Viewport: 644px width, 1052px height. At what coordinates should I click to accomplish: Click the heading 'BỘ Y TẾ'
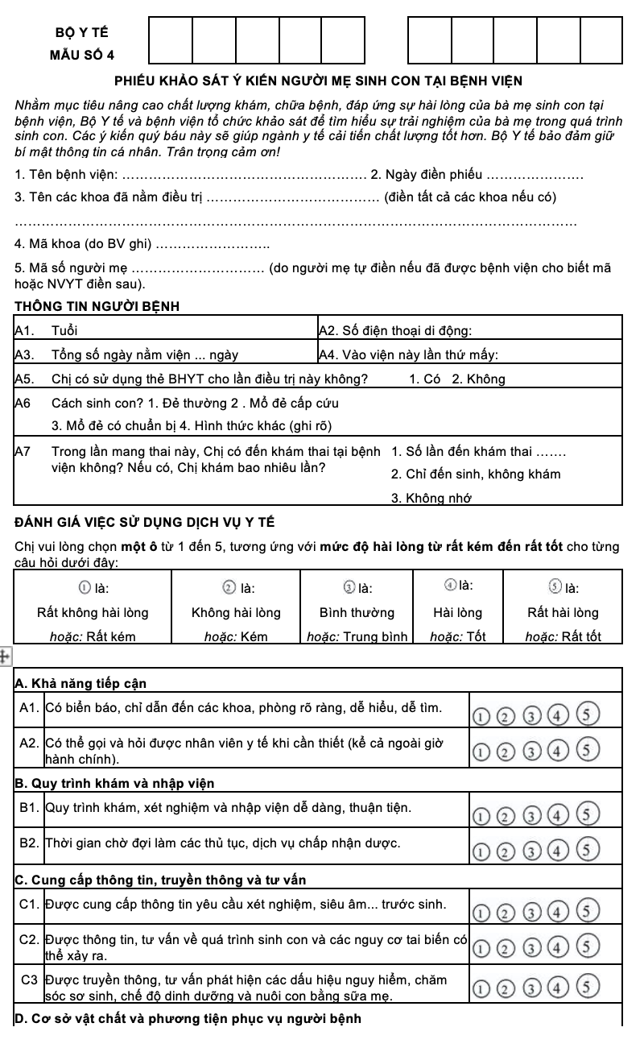click(x=83, y=33)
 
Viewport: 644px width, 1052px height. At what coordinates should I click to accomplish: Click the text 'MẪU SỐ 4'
click(x=82, y=55)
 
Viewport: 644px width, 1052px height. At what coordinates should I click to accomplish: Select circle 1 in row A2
click(x=480, y=753)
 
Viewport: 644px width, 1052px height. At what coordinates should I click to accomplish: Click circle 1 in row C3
click(x=480, y=988)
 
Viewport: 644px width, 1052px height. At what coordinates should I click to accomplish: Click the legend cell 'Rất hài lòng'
click(x=563, y=612)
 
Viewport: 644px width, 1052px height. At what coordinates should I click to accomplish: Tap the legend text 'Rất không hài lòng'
click(x=93, y=612)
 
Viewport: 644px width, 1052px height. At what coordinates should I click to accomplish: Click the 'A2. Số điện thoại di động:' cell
click(x=395, y=330)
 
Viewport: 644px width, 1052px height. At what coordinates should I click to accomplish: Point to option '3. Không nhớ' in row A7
click(x=431, y=498)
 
